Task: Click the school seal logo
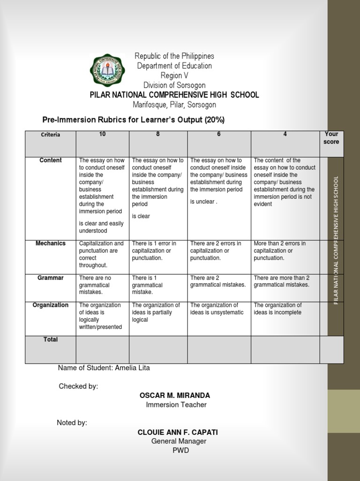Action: click(107, 70)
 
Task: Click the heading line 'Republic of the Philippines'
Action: click(174, 56)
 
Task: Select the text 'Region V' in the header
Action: click(174, 76)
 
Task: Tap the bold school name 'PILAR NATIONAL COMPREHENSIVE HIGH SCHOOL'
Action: click(174, 95)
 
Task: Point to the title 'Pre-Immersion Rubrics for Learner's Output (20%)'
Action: click(134, 120)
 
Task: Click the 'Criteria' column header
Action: click(50, 135)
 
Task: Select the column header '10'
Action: click(102, 134)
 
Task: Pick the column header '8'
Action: click(158, 134)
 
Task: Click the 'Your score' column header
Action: click(331, 138)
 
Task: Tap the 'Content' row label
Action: click(50, 161)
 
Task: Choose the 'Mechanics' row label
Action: click(51, 243)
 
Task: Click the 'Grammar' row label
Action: click(50, 278)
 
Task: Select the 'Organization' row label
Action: click(50, 305)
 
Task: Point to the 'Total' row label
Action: click(50, 340)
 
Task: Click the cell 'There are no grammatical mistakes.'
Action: click(95, 285)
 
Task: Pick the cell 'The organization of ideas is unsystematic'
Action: click(217, 309)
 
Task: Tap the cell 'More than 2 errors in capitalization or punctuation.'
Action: click(280, 250)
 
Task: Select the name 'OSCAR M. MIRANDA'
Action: click(175, 396)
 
